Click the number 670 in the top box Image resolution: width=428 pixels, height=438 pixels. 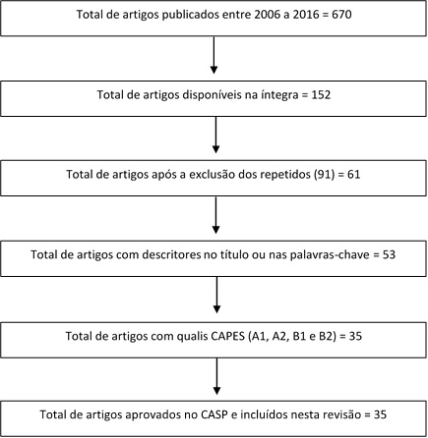point(341,15)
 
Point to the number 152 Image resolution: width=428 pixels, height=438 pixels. point(321,95)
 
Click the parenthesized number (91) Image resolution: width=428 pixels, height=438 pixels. point(324,174)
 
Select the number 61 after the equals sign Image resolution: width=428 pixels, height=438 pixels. point(354,174)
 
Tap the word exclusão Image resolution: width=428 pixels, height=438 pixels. point(213,174)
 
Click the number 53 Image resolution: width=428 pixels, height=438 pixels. point(389,254)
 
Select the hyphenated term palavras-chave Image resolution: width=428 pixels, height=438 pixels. point(330,254)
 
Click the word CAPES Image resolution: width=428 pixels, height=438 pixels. point(227,336)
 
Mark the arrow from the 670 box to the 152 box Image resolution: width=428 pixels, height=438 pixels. point(214,55)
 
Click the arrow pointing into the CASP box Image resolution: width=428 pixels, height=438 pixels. point(216,376)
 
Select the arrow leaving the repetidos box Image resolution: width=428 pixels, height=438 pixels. point(215,215)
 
